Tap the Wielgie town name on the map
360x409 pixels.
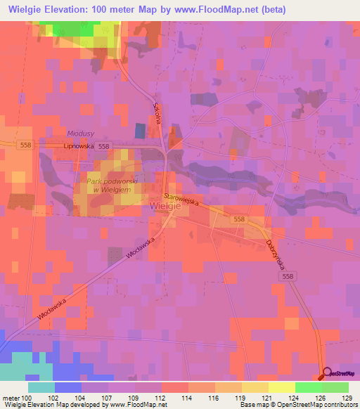[x=166, y=206]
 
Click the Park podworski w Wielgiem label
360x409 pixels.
[x=112, y=185]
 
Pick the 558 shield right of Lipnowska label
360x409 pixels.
[x=105, y=145]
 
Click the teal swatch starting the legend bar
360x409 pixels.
[x=41, y=387]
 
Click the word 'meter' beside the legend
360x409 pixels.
[x=10, y=398]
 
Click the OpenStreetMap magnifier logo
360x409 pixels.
[x=326, y=373]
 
